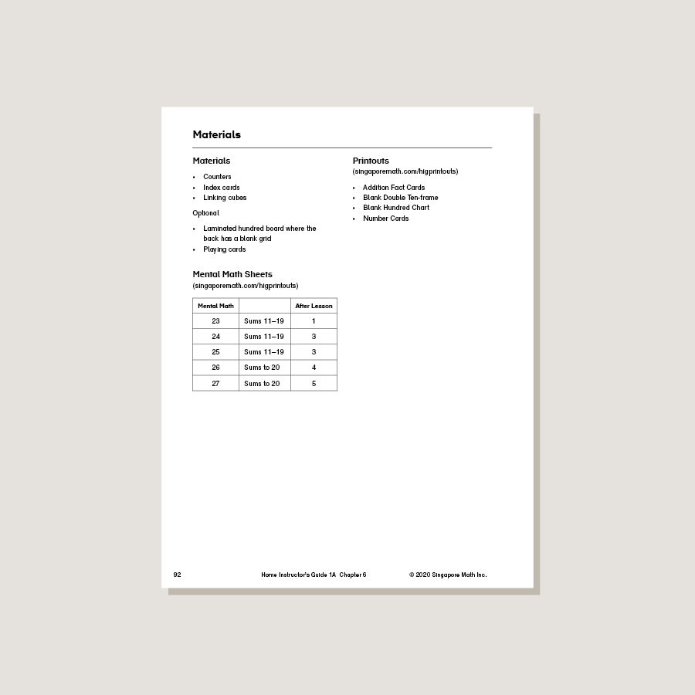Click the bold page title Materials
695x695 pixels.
[x=216, y=134]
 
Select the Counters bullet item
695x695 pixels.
[x=217, y=177]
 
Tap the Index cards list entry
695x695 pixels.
[x=221, y=188]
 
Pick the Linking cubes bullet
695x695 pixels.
[x=225, y=198]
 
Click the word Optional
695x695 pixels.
[x=205, y=213]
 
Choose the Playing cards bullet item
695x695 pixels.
[x=224, y=249]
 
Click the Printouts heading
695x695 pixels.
[x=371, y=161]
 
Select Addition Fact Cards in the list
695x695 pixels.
[x=394, y=188]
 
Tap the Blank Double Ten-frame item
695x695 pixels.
[x=400, y=198]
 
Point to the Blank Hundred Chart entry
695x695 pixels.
[x=396, y=208]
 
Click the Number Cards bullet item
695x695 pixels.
[x=385, y=219]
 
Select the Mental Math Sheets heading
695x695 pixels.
[x=232, y=274]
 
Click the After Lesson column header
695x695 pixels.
[x=314, y=306]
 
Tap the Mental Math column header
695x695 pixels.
[x=215, y=306]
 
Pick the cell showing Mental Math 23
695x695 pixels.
[x=215, y=321]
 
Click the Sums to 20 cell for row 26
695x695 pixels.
[x=262, y=368]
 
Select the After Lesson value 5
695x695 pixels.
[x=314, y=384]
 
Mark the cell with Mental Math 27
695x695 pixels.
[x=215, y=384]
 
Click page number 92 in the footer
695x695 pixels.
[x=177, y=575]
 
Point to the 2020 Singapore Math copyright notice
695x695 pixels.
[x=448, y=575]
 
